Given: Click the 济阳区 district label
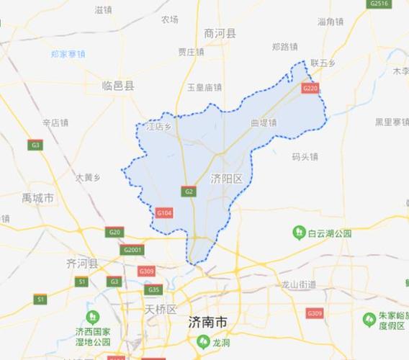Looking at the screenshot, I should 227,177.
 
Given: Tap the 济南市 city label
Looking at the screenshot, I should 207,321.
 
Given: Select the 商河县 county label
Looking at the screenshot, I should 220,33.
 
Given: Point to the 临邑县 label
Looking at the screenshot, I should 118,85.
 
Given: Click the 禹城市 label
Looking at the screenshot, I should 37,197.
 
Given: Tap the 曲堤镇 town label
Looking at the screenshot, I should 264,123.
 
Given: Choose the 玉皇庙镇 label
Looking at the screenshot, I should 204,88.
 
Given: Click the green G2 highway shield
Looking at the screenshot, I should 189,192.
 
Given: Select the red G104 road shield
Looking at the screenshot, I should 164,212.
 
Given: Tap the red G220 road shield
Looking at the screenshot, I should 310,88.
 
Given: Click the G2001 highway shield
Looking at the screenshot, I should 133,250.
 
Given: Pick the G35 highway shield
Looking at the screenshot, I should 153,289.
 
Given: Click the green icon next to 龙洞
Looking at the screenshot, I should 197,343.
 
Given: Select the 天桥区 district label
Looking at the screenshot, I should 161,309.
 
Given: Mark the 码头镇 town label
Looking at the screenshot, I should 305,156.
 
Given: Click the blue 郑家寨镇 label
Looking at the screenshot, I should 68,54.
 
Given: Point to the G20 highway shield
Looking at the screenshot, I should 114,232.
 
